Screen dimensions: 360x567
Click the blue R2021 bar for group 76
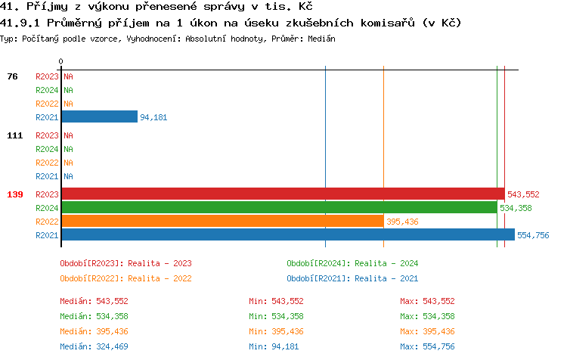click(x=99, y=116)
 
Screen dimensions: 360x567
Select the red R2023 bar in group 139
click(x=282, y=194)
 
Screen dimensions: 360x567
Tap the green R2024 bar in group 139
click(x=278, y=207)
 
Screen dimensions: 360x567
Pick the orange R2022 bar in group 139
click(x=222, y=221)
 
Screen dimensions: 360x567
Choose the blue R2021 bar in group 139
click(x=287, y=234)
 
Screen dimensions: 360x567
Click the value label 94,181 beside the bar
click(x=153, y=117)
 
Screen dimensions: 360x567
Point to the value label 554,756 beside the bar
click(x=533, y=235)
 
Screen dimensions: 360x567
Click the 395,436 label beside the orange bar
click(x=402, y=222)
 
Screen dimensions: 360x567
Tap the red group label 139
click(x=15, y=194)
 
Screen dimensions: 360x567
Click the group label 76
click(x=13, y=76)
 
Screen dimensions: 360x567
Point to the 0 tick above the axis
click(x=61, y=61)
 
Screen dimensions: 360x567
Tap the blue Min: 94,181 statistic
click(x=276, y=346)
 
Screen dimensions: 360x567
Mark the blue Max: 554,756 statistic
click(x=427, y=346)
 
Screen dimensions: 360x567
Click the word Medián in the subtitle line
click(x=322, y=38)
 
